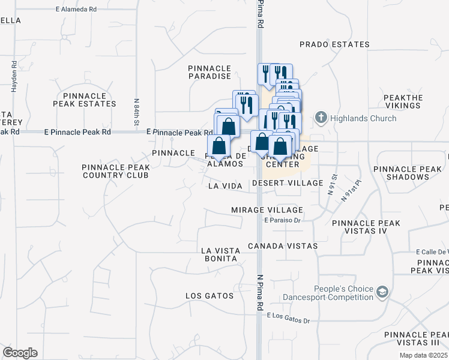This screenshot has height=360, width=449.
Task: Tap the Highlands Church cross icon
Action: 321,118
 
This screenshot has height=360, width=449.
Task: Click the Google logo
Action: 19,353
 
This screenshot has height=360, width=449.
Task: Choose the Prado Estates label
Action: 334,44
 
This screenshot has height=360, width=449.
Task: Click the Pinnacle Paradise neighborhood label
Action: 209,72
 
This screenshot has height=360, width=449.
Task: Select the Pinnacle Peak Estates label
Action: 80,100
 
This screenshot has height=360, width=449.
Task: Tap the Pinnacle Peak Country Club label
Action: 115,171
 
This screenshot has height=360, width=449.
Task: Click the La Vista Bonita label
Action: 220,254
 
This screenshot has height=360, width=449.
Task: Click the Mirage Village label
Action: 267,210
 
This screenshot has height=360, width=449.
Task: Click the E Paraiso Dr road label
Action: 282,220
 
